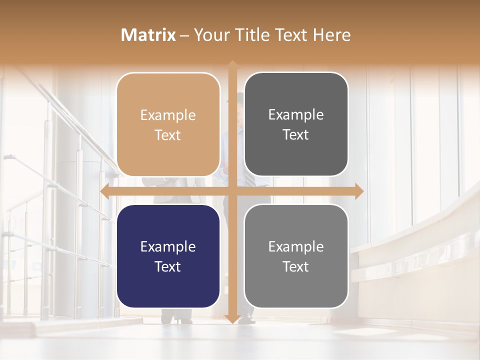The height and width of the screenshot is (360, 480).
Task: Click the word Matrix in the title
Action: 148,35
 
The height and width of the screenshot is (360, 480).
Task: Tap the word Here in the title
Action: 331,35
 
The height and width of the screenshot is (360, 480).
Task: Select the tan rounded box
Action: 168,124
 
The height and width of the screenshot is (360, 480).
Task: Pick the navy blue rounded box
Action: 168,256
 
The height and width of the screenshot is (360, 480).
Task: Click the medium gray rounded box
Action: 296,256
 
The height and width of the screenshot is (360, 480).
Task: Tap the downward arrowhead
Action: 232,319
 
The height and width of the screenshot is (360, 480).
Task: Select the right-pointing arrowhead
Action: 359,191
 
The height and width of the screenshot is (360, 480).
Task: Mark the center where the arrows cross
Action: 232,191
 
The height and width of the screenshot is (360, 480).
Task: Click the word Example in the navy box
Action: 168,246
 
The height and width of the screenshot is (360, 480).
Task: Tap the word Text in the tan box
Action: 168,135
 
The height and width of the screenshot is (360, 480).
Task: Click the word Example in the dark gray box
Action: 296,114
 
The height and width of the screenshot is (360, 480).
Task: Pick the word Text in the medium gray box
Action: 296,266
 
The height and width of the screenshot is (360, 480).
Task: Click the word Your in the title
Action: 210,35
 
